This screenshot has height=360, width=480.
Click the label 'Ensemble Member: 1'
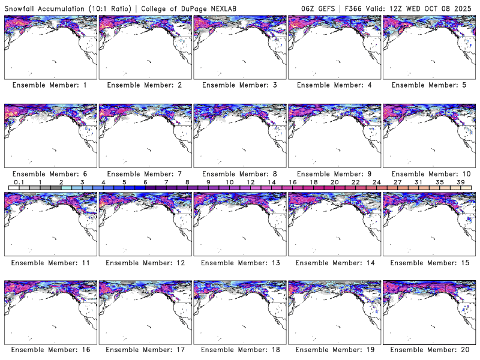(50, 85)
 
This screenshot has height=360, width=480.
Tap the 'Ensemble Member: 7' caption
(144, 173)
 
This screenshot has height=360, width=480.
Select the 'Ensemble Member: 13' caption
(239, 262)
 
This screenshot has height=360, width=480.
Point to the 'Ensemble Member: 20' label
(430, 349)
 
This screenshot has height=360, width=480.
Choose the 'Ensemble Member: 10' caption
(430, 173)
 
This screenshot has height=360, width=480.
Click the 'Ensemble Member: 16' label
(50, 349)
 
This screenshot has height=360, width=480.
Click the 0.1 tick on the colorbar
(19, 182)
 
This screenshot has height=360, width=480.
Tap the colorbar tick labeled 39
(461, 182)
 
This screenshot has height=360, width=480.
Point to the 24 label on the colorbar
(376, 182)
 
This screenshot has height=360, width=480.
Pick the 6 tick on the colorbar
(145, 182)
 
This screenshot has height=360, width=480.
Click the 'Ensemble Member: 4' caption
(335, 85)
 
